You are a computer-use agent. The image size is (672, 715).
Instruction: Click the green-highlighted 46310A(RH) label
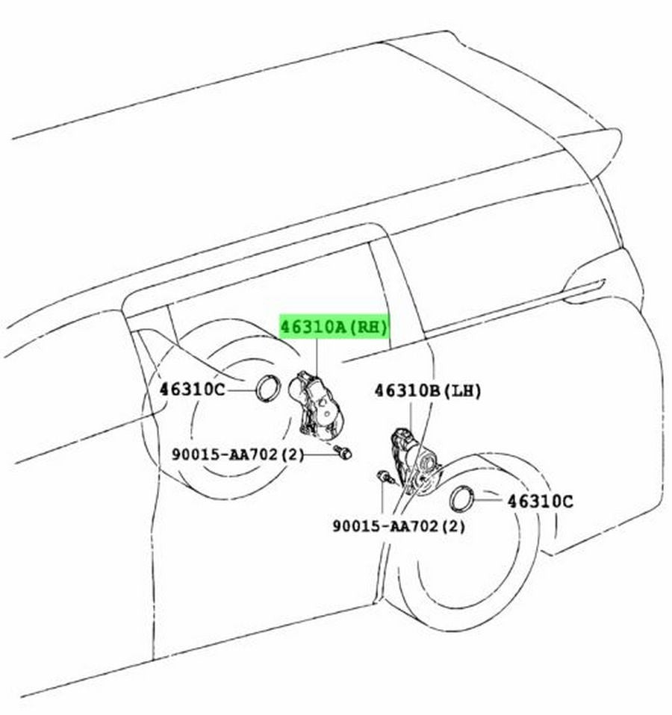point(334,327)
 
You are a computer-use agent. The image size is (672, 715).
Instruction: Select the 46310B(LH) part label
point(428,391)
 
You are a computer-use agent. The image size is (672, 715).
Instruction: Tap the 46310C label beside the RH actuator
point(192,390)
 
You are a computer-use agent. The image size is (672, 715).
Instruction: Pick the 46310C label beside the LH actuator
point(540,502)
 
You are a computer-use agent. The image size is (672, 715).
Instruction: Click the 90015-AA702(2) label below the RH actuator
point(237,455)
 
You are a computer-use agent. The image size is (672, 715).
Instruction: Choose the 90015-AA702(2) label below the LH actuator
point(399,526)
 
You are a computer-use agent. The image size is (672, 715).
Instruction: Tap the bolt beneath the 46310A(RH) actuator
point(343,452)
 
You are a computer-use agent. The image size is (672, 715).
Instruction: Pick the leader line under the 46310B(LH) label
point(411,416)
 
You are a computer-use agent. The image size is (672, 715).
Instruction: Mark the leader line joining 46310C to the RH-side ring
point(241,390)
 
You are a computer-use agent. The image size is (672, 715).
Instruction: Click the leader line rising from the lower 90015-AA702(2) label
point(382,500)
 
